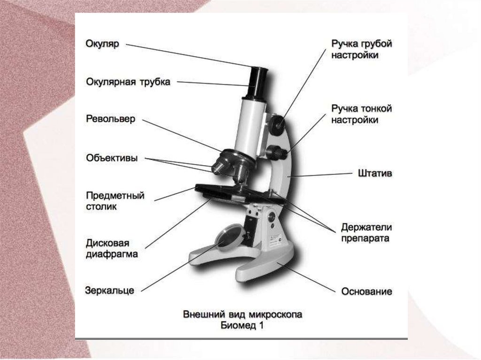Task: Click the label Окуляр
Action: (102, 44)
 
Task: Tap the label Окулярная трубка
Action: (128, 82)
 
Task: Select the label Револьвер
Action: (110, 119)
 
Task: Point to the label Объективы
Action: (112, 158)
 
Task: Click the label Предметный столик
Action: (115, 200)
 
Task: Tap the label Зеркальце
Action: (109, 290)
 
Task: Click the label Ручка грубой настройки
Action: (361, 49)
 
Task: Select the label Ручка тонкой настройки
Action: (361, 114)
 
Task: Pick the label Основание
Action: (366, 291)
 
